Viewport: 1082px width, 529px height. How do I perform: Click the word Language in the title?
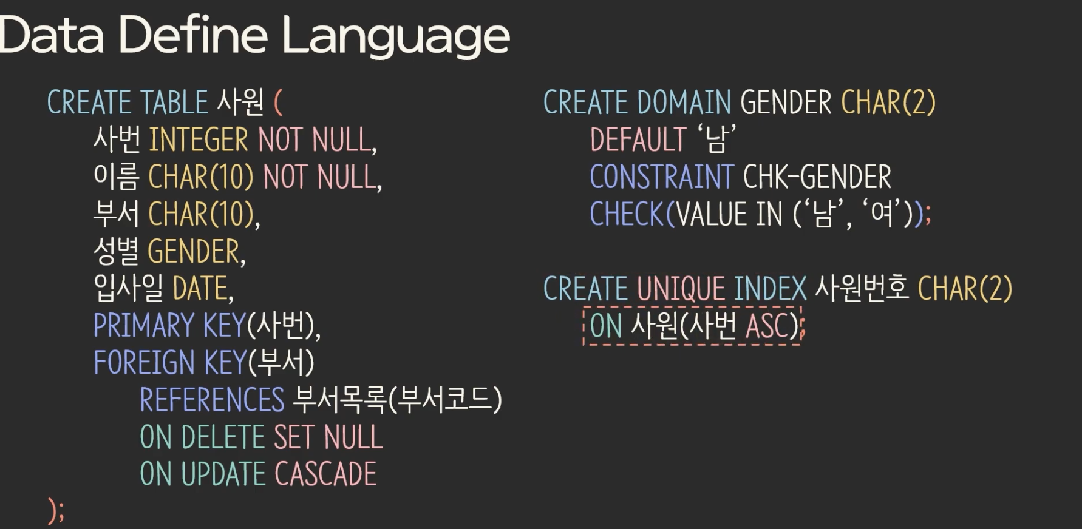click(396, 36)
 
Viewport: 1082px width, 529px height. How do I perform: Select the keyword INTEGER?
click(199, 140)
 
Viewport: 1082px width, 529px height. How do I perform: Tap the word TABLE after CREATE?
click(174, 103)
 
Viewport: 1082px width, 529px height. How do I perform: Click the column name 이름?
click(116, 177)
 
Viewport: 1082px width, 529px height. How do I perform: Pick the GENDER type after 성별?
click(194, 252)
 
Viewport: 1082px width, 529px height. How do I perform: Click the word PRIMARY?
click(143, 326)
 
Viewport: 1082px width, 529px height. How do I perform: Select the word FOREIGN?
click(144, 363)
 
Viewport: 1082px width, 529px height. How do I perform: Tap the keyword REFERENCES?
click(212, 400)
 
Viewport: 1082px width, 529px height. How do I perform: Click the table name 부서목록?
click(339, 400)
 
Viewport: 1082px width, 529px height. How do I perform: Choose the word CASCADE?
click(325, 474)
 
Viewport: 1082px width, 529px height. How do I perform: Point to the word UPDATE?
click(223, 474)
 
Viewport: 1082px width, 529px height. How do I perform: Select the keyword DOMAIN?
click(684, 103)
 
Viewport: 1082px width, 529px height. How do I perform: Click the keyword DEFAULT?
click(638, 140)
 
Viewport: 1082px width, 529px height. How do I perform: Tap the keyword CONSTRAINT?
click(662, 177)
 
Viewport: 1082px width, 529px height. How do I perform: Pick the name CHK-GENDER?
click(817, 177)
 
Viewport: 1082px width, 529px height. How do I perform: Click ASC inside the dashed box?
click(767, 326)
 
